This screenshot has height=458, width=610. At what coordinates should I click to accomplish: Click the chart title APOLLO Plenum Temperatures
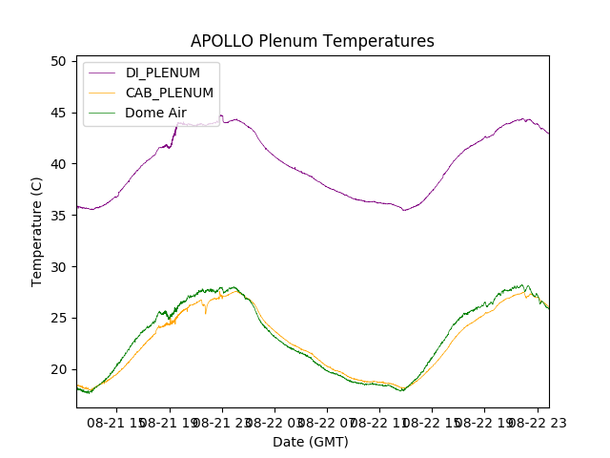point(313,41)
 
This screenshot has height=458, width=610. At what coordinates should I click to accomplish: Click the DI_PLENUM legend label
point(163,73)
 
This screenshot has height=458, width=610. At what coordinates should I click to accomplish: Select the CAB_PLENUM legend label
point(170,93)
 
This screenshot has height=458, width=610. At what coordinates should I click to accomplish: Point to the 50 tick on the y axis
point(58,61)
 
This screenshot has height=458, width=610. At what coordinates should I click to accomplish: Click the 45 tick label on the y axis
point(58,113)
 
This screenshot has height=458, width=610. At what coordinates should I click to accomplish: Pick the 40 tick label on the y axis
point(58,164)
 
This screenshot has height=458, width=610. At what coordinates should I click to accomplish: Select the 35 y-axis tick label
point(58,216)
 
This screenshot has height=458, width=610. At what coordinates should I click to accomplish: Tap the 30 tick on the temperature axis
point(58,267)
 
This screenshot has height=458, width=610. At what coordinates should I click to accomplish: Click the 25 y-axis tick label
point(58,319)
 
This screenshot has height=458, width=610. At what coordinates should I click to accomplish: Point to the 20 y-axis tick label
point(58,370)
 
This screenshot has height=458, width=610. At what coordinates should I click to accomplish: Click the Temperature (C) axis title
point(37,232)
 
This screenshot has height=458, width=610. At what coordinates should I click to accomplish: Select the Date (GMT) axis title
point(311,442)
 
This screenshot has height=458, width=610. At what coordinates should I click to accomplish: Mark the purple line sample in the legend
point(105,73)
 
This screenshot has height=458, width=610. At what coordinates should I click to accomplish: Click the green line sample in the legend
point(105,113)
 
